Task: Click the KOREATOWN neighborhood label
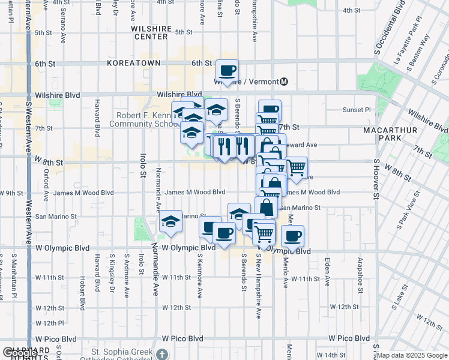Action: coord(134,63)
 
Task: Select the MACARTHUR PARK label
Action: coord(386,134)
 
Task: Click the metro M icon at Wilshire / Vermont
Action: coord(285,82)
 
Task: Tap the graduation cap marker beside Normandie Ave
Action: coord(171,223)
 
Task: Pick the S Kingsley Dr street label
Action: coord(112,274)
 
